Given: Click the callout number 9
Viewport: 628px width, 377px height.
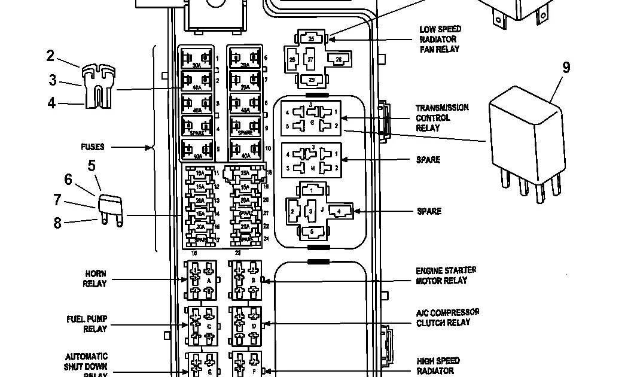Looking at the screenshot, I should tap(565, 67).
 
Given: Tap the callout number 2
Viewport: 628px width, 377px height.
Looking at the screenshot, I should tap(50, 56).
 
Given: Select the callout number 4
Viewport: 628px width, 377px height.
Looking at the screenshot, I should tap(51, 103).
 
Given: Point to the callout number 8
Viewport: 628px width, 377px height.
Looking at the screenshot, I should tap(57, 223).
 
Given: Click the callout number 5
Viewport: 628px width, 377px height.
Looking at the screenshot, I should tap(92, 166).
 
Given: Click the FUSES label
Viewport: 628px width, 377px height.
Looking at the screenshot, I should tap(93, 147).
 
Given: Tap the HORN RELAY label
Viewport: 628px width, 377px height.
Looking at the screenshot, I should tap(95, 278).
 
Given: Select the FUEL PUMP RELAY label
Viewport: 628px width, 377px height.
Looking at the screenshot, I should tap(87, 324).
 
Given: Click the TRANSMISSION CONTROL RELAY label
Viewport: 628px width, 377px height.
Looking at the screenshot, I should tap(443, 117).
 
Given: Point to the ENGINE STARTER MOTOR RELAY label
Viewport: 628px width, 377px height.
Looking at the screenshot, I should tap(446, 275).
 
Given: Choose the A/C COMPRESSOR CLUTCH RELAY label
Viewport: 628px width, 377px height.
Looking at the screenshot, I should tap(447, 317).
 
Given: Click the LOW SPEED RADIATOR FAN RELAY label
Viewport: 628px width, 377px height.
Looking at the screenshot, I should tap(440, 39).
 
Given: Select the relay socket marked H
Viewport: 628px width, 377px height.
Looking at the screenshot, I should tap(311, 160).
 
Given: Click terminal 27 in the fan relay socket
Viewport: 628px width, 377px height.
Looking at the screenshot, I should tap(310, 60).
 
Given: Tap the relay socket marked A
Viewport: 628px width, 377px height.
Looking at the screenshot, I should tap(201, 279).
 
